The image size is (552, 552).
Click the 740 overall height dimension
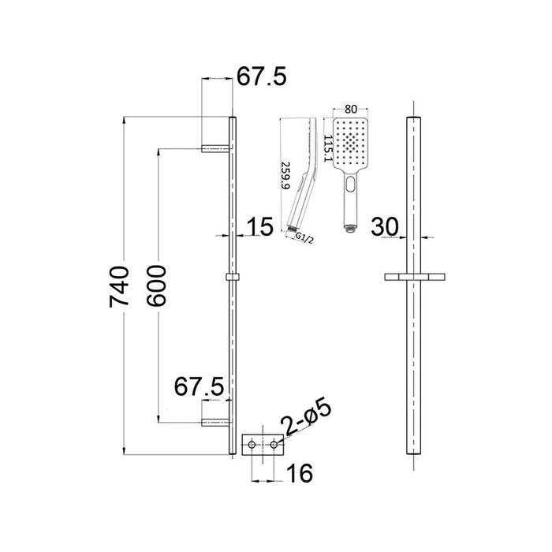(x=119, y=287)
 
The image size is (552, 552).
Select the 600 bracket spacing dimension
(x=156, y=285)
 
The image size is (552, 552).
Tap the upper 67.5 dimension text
(x=261, y=76)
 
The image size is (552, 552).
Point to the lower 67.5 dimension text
(x=199, y=386)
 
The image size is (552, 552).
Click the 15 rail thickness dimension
(x=259, y=226)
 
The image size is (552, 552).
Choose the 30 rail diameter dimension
(x=384, y=226)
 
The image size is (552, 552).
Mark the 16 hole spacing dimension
(x=300, y=473)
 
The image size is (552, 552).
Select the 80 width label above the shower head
(x=351, y=110)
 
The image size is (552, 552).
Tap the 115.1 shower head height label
(x=328, y=148)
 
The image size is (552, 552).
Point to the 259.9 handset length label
(x=285, y=175)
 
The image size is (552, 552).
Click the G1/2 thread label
(x=304, y=238)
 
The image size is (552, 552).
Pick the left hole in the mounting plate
(x=252, y=445)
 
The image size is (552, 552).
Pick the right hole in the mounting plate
(x=274, y=445)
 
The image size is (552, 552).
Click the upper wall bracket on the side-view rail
(x=215, y=148)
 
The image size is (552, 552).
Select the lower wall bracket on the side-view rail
(x=215, y=422)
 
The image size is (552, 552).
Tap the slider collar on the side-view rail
(x=233, y=277)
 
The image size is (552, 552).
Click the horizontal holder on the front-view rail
(x=414, y=277)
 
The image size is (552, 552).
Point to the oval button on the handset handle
(x=350, y=184)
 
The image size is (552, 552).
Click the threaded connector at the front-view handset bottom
(x=350, y=229)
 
